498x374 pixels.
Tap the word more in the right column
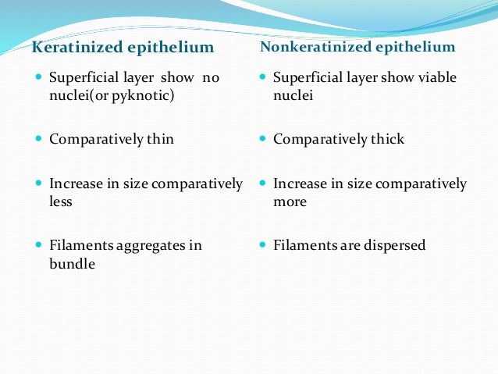(290, 201)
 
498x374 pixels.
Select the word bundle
(72, 264)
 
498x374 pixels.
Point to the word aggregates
(148, 246)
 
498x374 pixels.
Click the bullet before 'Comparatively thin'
(39, 140)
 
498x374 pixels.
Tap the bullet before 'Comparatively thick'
(263, 140)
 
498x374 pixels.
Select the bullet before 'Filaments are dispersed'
(263, 246)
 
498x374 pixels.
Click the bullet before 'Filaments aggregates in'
(39, 246)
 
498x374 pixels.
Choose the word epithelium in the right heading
(414, 47)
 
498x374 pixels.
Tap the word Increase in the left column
(75, 184)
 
